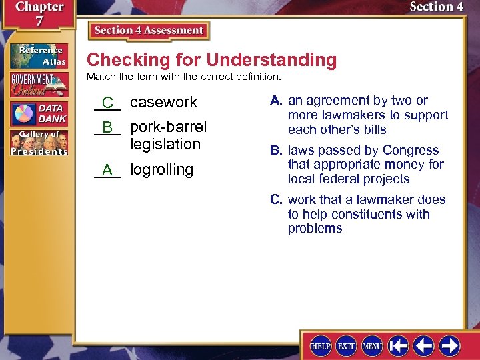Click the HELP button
pos(321,345)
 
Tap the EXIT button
pos(346,345)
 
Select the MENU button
pos(372,345)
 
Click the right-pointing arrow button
pos(449,345)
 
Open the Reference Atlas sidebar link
pos(38,56)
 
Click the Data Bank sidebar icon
pos(38,113)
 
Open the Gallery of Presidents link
pos(38,143)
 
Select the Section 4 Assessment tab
pos(149,31)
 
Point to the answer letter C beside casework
pos(107,103)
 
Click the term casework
pos(163,102)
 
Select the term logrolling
pos(161,169)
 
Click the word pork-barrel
pos(169,127)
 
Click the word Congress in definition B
pos(415,151)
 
